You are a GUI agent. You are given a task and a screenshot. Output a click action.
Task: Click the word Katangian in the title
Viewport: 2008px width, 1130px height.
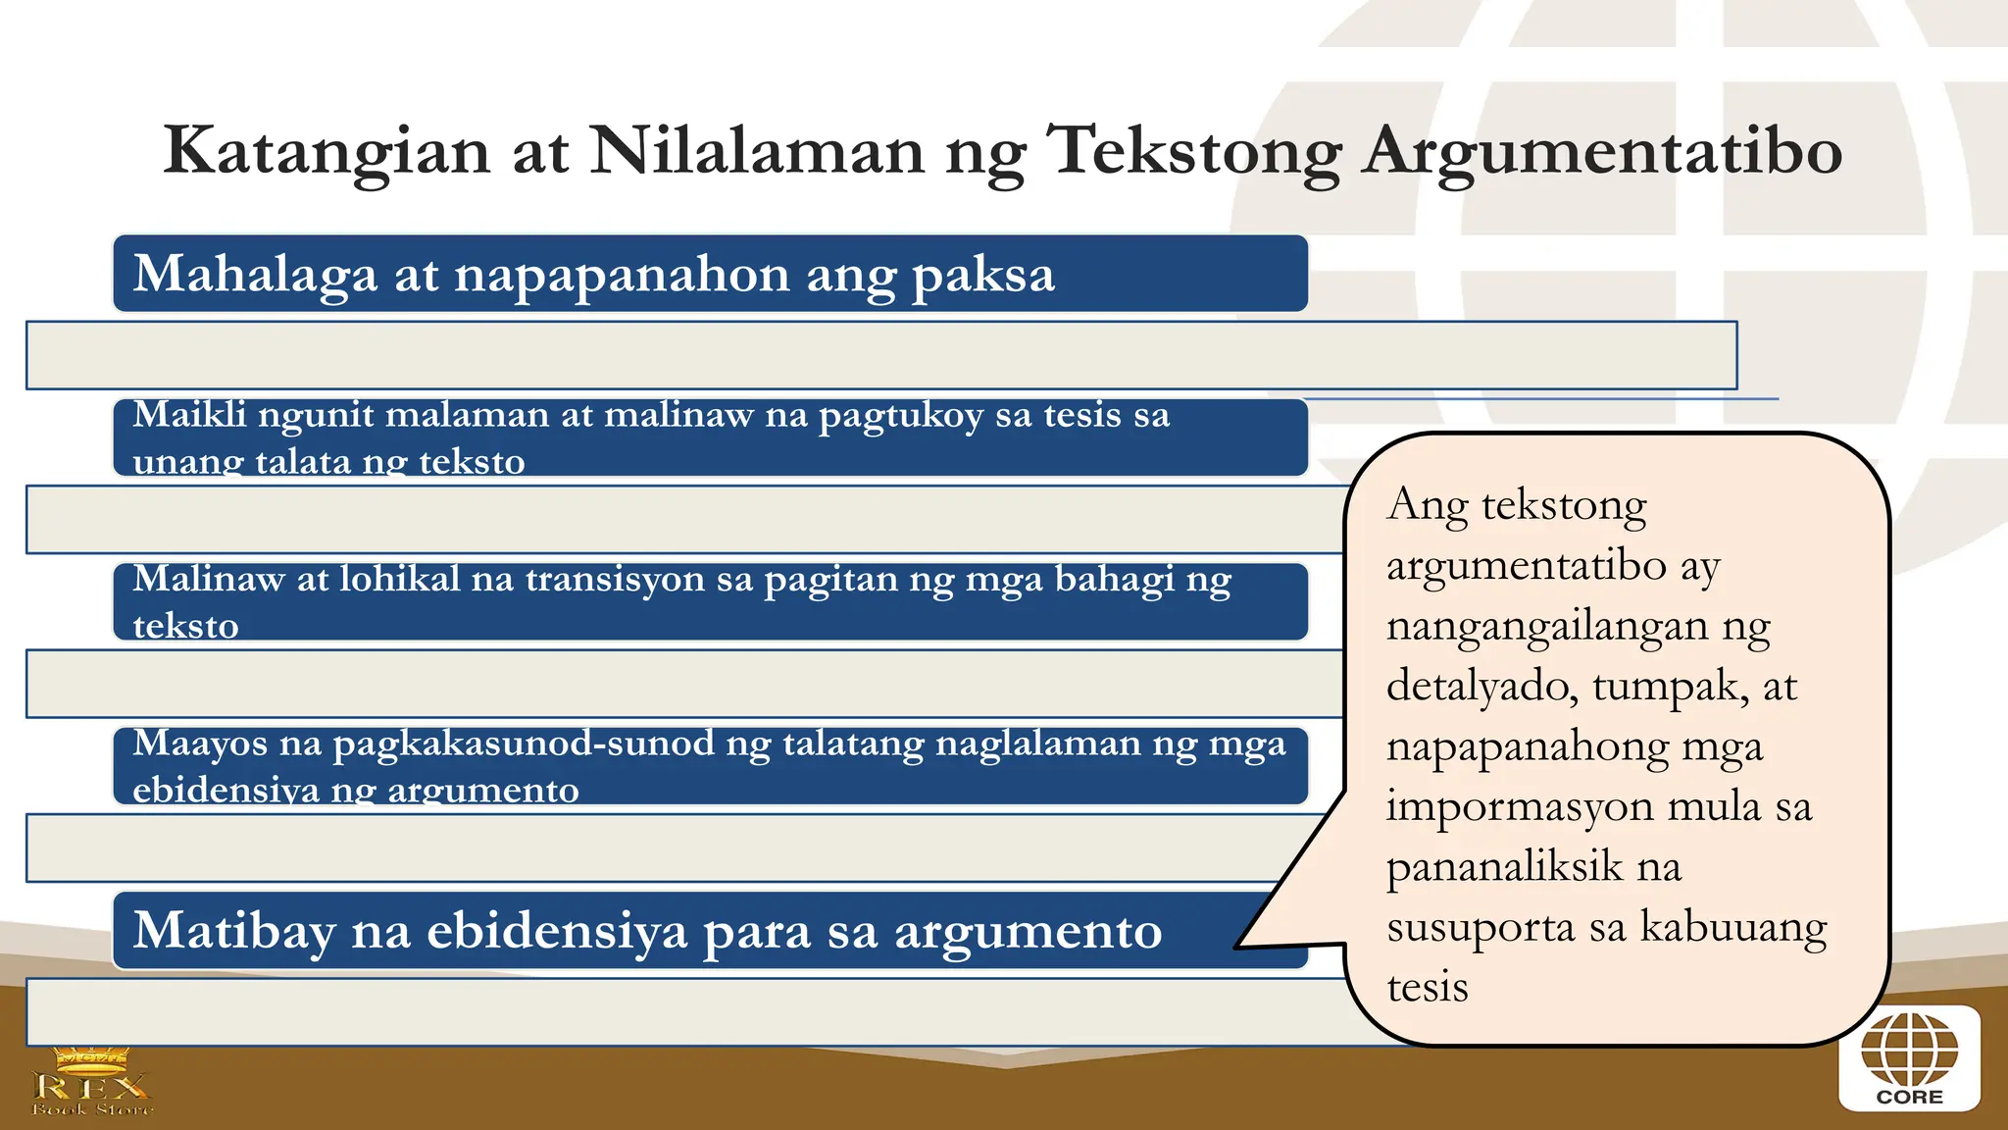click(326, 151)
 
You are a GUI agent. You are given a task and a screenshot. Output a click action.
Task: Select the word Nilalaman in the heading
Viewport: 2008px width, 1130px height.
click(757, 151)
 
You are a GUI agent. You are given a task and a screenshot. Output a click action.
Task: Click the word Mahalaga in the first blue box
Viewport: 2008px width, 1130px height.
click(255, 275)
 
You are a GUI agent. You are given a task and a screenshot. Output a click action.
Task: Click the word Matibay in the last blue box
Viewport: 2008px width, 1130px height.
click(233, 931)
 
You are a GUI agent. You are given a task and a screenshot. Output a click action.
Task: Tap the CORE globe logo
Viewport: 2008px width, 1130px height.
click(1909, 1058)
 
